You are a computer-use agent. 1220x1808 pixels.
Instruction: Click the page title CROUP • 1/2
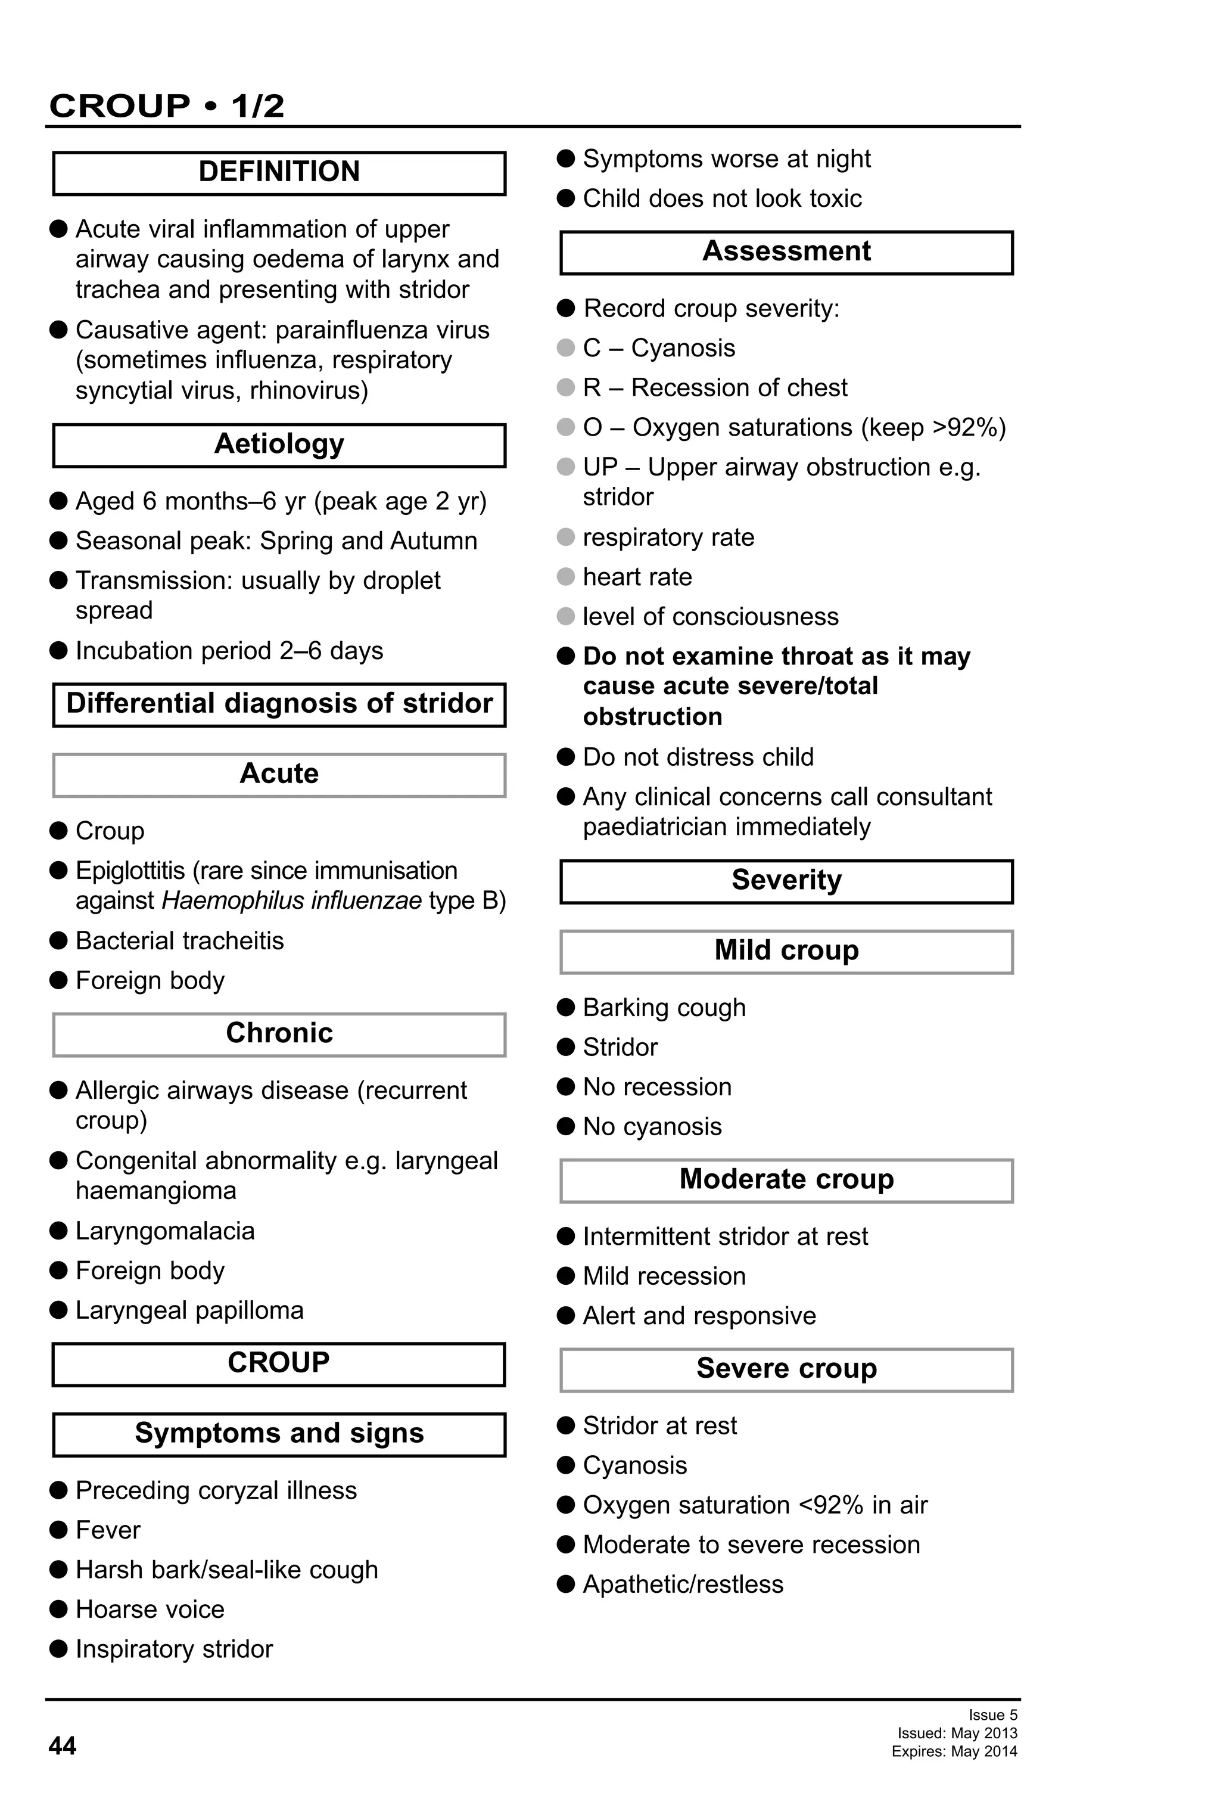166,106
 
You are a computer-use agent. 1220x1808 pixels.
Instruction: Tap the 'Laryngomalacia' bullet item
165,1231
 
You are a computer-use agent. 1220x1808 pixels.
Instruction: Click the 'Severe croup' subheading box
786,1368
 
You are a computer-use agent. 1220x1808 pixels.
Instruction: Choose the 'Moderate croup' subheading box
786,1179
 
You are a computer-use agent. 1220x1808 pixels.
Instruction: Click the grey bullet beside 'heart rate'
565,576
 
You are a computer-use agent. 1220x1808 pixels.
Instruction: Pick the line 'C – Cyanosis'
659,348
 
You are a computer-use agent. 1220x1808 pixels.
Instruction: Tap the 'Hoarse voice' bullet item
150,1609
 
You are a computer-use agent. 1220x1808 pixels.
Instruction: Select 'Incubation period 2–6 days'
229,650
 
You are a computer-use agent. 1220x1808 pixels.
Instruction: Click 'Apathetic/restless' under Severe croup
683,1584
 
